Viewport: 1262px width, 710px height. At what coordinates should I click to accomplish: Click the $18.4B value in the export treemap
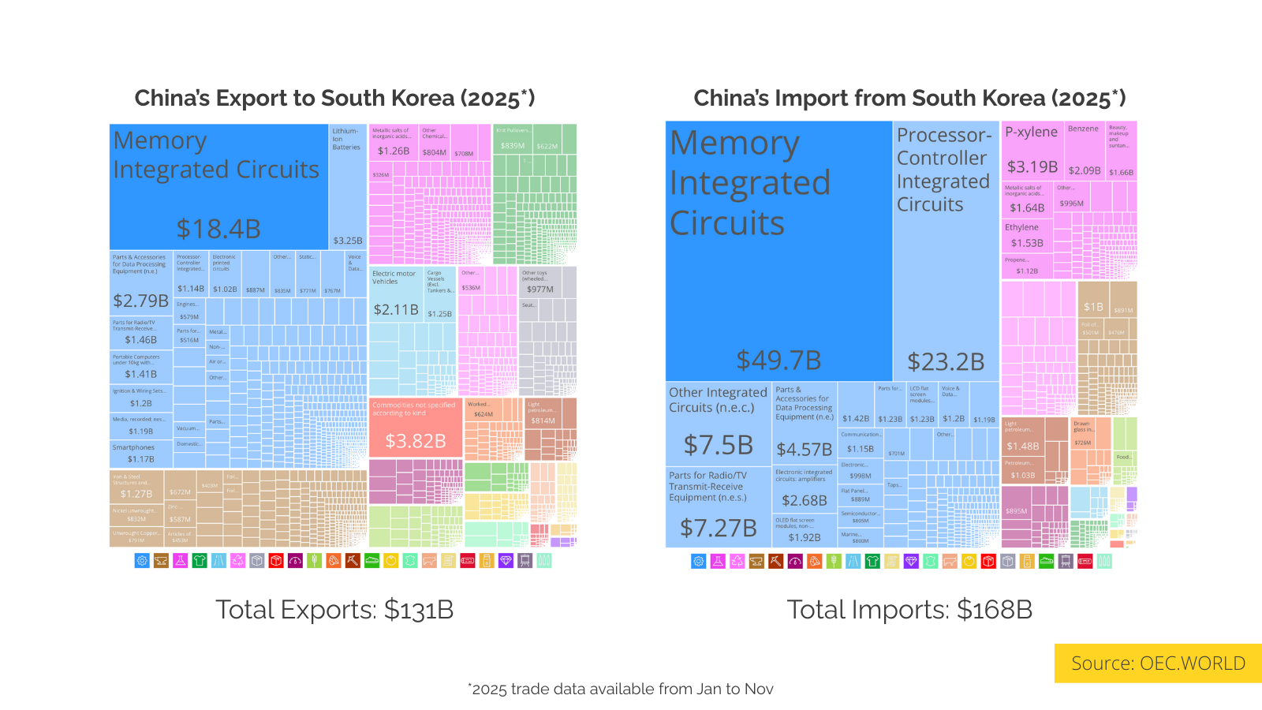coord(218,229)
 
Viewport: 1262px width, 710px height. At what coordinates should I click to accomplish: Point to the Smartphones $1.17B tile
coord(141,453)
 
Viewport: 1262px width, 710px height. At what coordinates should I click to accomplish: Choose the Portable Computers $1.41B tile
coord(141,367)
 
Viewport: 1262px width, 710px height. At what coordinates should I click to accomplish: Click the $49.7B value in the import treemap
coord(778,361)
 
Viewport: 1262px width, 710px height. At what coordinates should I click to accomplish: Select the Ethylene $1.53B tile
coord(1027,236)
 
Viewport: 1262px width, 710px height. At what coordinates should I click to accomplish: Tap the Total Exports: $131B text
coord(334,610)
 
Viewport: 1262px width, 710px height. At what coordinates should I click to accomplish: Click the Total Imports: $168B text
coord(909,610)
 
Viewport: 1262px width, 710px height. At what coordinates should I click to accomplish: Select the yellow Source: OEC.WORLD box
coord(1158,663)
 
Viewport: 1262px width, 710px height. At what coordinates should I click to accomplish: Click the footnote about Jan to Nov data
coord(621,689)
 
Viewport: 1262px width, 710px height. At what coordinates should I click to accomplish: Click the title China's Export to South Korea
coord(334,98)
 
